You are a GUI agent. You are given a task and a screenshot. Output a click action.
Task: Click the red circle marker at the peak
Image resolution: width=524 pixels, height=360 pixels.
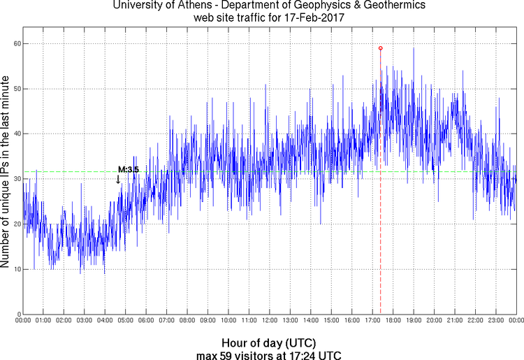click(380, 48)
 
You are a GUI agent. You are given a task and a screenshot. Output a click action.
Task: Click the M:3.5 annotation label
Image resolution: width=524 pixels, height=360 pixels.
click(129, 169)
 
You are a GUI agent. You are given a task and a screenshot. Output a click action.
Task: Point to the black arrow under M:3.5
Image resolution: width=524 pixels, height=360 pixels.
click(118, 179)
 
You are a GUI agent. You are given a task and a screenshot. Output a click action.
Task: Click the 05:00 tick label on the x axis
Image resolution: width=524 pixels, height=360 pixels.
click(125, 321)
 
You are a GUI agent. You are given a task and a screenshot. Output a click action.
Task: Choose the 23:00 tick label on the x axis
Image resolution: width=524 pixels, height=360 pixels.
click(496, 321)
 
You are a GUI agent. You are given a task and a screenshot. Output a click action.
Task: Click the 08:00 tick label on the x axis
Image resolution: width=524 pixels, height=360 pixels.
click(187, 321)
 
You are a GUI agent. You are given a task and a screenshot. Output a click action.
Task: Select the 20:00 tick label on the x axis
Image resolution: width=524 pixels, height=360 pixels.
click(434, 321)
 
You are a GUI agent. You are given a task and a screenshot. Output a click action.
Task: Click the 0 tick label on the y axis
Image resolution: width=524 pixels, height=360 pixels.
click(17, 314)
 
